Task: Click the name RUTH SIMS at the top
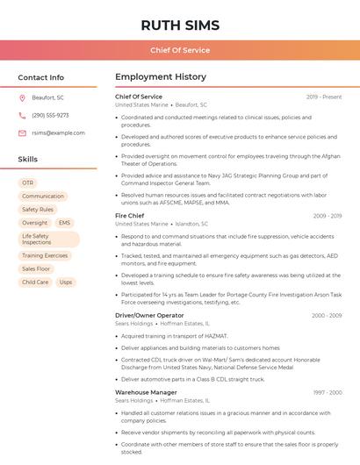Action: click(179, 25)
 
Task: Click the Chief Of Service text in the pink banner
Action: click(179, 50)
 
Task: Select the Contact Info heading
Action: click(41, 77)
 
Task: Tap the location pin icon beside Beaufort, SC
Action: click(22, 97)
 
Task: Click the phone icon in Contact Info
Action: click(22, 115)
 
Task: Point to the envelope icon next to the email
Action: click(22, 132)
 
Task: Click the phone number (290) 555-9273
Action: click(50, 115)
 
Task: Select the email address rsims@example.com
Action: click(58, 132)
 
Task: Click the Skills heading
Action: click(28, 159)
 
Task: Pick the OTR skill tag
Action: click(28, 182)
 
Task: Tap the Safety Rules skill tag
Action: click(38, 210)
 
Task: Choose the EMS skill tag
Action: click(64, 223)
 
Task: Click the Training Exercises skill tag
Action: click(45, 255)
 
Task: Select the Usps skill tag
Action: click(66, 282)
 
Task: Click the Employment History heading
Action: click(160, 77)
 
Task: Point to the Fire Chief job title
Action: click(130, 215)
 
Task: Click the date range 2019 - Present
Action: click(324, 97)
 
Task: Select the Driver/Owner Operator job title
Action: click(149, 315)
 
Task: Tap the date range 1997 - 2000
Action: click(328, 392)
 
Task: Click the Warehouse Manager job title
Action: click(146, 392)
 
